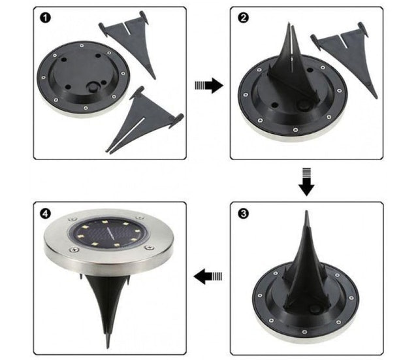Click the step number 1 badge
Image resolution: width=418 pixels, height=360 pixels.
44,18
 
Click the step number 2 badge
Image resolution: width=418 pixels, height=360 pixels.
242,18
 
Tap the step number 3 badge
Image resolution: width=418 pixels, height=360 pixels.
242,213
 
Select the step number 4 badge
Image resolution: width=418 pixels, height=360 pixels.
44,213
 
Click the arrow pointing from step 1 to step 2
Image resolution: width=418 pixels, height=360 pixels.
208,85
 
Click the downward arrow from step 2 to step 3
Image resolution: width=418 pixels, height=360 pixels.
306,181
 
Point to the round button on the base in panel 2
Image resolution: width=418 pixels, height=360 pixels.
304,105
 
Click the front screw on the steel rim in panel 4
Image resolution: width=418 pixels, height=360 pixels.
148,248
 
